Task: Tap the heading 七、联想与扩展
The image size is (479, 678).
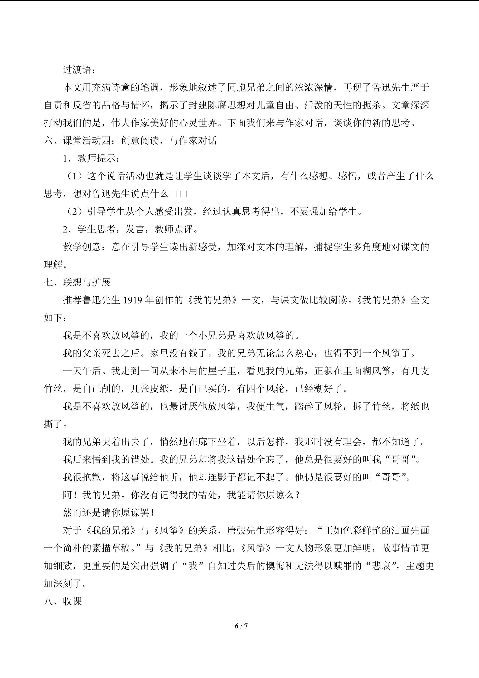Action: pyautogui.click(x=77, y=282)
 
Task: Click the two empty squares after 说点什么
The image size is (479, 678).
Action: pyautogui.click(x=178, y=194)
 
